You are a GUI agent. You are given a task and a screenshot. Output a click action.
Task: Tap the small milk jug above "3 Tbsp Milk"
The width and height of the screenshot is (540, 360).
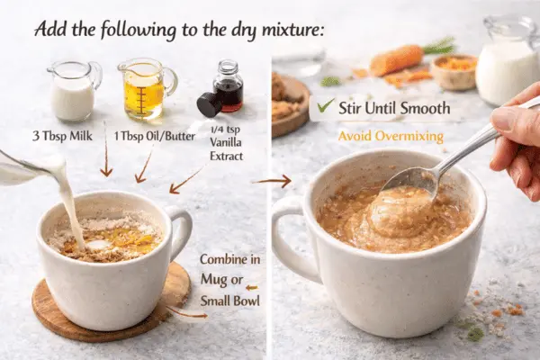73,92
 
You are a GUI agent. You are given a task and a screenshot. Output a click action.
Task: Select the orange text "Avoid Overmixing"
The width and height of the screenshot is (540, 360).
391,137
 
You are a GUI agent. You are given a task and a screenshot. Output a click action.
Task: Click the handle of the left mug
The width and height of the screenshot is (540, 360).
181,229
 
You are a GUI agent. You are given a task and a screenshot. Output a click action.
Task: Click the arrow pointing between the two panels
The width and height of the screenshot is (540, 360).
274,181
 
